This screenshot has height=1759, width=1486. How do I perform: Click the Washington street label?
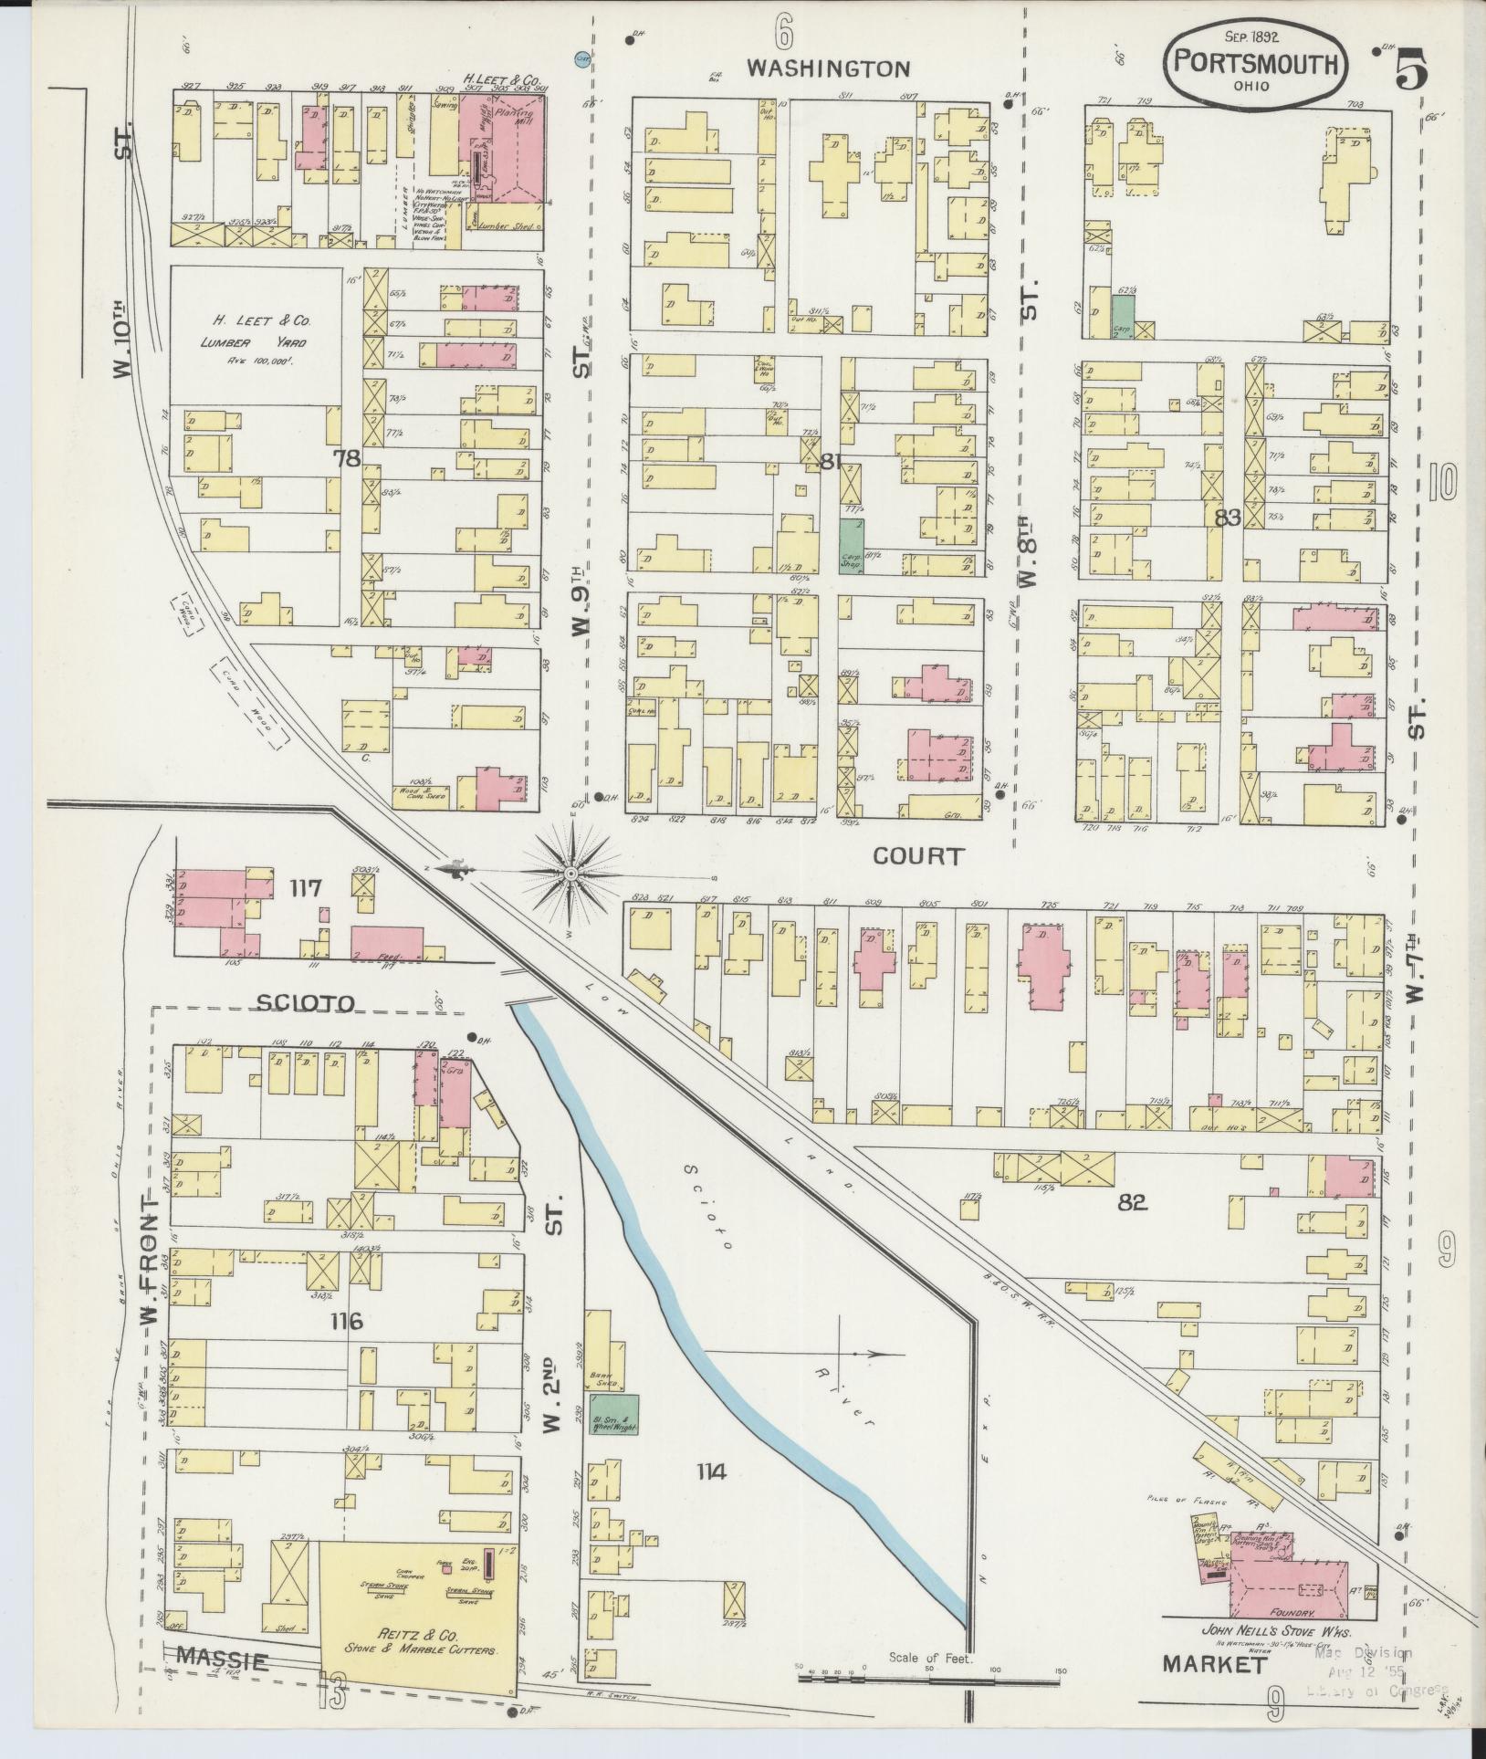click(828, 68)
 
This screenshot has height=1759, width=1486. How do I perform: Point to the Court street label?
click(917, 855)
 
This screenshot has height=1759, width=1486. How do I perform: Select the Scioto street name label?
click(304, 1003)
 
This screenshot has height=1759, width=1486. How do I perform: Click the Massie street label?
click(222, 1660)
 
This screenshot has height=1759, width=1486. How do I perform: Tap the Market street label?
click(1215, 1663)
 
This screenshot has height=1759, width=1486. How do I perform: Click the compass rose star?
click(570, 874)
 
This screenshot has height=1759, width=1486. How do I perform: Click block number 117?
click(306, 887)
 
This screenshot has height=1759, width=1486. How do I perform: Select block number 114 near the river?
click(711, 1471)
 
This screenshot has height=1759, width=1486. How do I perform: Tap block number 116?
click(348, 1320)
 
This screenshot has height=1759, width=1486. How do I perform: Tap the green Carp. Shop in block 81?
click(852, 546)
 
